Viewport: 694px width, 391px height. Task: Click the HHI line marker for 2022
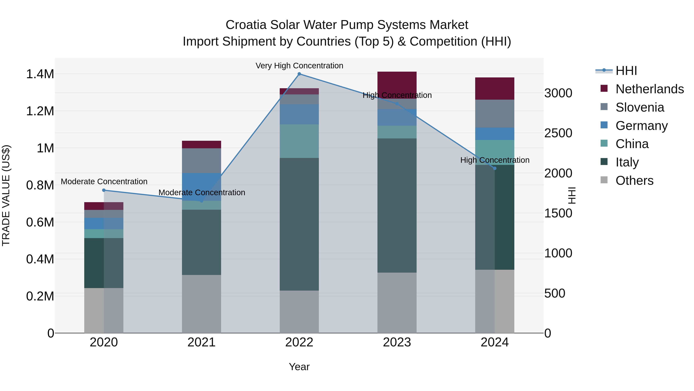(x=299, y=74)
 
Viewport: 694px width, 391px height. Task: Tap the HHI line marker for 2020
(x=104, y=190)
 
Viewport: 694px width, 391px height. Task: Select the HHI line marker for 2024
(x=495, y=168)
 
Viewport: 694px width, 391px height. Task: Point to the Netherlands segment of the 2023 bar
(x=397, y=85)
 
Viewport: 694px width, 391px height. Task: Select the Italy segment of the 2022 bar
(x=299, y=224)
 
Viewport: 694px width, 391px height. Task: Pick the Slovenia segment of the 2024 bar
(x=495, y=114)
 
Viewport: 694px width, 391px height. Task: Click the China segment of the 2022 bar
(x=299, y=141)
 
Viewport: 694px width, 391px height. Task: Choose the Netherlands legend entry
(x=649, y=89)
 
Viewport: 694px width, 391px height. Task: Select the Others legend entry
(x=634, y=181)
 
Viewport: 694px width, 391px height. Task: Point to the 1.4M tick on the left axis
(x=40, y=74)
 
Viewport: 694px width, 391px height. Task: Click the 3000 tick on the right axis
(x=558, y=93)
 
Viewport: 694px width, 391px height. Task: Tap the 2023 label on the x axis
(x=397, y=342)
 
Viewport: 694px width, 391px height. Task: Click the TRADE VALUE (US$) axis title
(x=6, y=195)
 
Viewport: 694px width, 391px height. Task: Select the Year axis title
(x=299, y=367)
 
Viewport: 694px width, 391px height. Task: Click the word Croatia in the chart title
(x=246, y=25)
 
